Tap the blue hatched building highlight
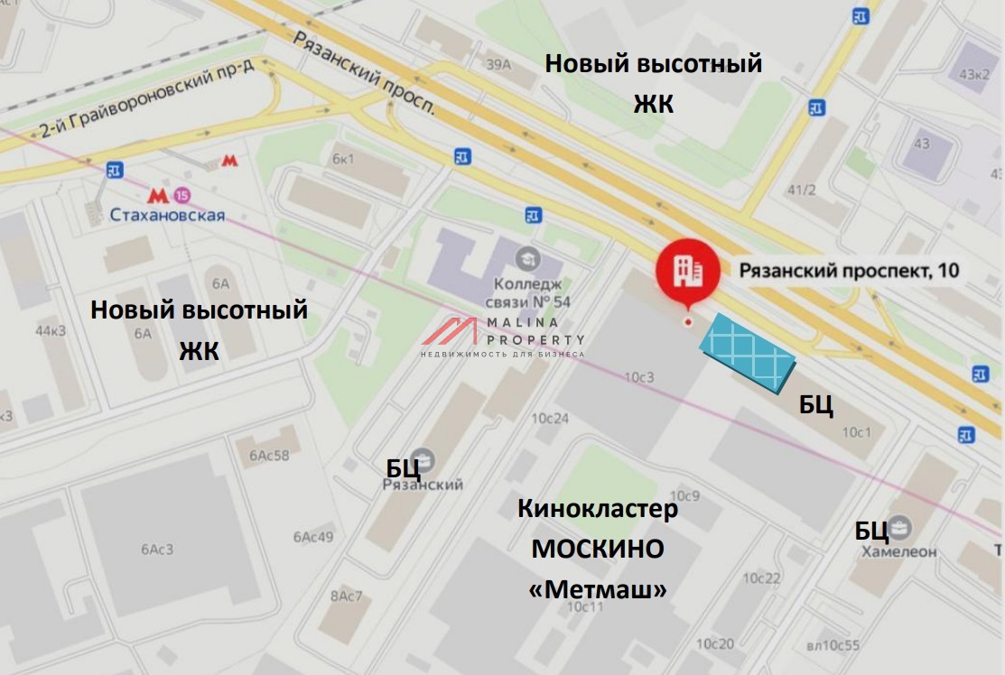click(749, 353)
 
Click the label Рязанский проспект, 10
click(849, 269)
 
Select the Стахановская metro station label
click(167, 215)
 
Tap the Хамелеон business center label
click(898, 550)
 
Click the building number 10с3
click(638, 376)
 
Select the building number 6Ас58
click(269, 455)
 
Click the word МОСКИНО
click(597, 549)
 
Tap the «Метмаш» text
click(598, 590)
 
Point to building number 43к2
click(973, 74)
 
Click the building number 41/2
click(800, 190)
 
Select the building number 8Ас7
click(346, 596)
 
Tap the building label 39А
click(498, 64)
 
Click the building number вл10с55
click(833, 644)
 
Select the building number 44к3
click(51, 330)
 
